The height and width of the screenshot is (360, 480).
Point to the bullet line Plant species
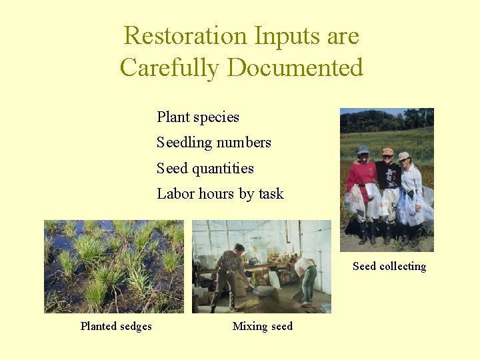(x=198, y=117)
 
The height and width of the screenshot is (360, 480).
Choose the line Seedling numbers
(x=214, y=143)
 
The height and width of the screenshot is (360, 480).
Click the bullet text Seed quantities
(x=205, y=169)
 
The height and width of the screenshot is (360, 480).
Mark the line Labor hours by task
(x=220, y=194)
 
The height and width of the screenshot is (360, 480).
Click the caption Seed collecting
(x=389, y=267)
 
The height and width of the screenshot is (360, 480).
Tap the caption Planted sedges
(x=116, y=326)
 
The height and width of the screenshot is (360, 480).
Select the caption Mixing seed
(x=262, y=326)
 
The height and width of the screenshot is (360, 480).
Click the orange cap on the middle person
(x=387, y=151)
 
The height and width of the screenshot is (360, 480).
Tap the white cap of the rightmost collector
(x=403, y=156)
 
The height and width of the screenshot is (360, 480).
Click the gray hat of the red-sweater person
(x=363, y=150)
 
